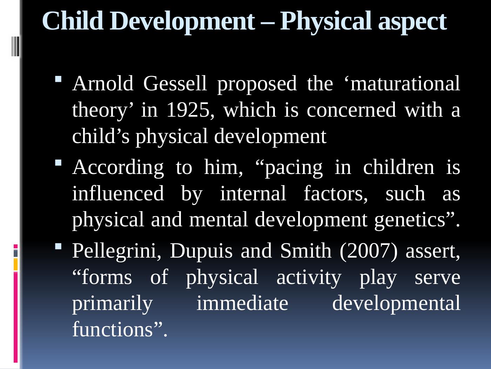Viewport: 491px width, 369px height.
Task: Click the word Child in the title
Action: click(73, 21)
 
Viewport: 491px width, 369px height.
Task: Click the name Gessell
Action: click(175, 83)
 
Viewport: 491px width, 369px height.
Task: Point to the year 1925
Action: click(190, 110)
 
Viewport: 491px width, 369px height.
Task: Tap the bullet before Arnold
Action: click(58, 79)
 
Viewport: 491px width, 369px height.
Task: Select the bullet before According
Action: click(58, 162)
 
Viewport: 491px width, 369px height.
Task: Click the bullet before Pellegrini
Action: click(58, 246)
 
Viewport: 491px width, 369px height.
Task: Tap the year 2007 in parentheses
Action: click(369, 251)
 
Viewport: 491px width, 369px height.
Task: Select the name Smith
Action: click(306, 251)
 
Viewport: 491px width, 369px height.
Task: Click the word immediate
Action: click(242, 303)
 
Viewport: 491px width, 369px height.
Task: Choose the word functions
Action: click(113, 329)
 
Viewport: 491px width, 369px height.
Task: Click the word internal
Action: click(253, 193)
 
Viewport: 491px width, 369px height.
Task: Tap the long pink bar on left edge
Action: click(16, 317)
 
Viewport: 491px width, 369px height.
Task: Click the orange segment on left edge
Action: click(16, 264)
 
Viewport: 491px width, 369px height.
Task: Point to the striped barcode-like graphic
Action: click(15, 46)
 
